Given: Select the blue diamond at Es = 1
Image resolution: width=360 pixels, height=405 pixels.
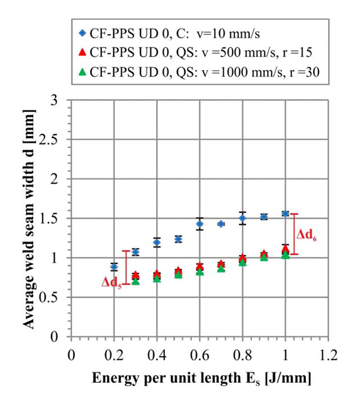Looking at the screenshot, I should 286,214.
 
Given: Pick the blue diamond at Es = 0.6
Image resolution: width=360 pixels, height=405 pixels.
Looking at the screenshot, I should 200,224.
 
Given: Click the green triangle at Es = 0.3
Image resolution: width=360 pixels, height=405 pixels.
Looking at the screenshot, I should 136,281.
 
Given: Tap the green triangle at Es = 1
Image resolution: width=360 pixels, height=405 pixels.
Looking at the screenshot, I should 286,255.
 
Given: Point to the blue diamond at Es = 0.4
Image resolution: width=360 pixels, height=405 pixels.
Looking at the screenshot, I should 157,242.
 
